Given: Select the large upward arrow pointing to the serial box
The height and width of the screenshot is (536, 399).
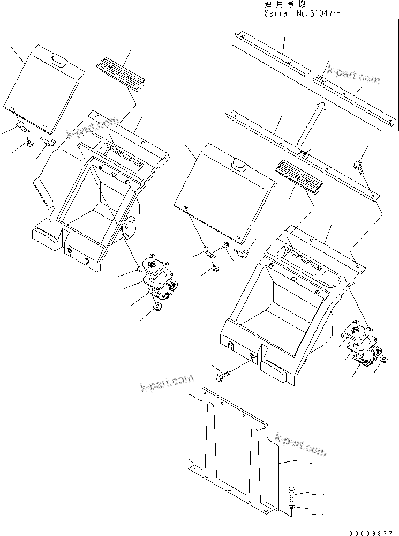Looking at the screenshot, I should click(311, 123).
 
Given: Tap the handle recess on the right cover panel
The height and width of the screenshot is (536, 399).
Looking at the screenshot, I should click(238, 164).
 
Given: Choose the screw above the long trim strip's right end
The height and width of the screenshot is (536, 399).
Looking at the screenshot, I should click(359, 166).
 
